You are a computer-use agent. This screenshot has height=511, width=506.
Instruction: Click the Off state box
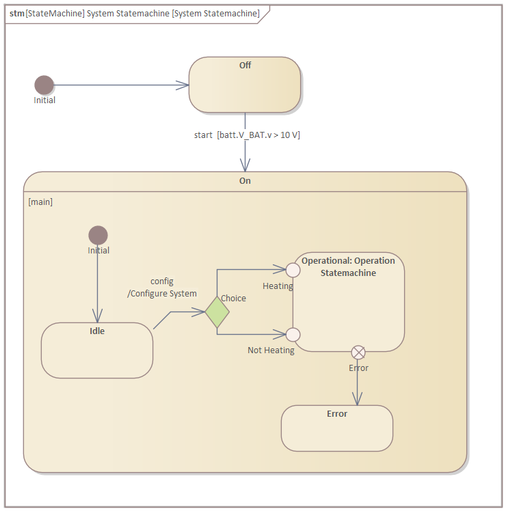coord(245,85)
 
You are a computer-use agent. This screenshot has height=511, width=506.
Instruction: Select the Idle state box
coord(96,350)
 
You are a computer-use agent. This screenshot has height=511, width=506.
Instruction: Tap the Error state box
coord(336,428)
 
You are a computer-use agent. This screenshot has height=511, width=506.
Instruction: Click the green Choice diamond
coord(217,312)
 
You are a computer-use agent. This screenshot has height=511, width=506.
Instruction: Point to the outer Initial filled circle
coord(44,85)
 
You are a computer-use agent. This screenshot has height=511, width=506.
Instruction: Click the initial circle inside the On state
coord(98,235)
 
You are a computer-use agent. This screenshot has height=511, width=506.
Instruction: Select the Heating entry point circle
coord(293,269)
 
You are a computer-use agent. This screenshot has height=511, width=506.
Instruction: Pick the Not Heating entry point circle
coord(293,334)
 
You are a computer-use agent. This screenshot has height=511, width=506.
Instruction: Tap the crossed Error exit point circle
coord(358,352)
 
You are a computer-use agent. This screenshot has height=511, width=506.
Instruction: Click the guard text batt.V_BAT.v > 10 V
coord(258,135)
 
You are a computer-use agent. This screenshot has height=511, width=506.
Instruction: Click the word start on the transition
coord(203,135)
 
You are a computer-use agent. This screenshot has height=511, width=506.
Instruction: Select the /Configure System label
coord(162,294)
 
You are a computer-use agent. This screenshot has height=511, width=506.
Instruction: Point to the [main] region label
coord(40,202)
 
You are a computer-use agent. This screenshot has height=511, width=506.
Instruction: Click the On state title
coord(245,181)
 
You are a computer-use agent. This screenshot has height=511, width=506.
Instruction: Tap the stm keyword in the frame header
coord(16,14)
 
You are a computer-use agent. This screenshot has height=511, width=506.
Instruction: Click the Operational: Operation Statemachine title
coord(348,266)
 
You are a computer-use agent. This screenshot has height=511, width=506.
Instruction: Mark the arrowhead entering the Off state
coord(184,85)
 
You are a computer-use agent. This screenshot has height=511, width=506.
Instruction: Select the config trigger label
coord(162,281)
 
